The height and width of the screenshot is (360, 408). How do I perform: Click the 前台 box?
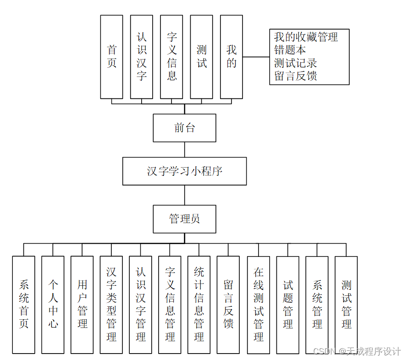point(184,128)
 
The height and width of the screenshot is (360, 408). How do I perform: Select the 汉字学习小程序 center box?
point(184,171)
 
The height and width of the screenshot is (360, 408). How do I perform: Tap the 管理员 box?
point(184,218)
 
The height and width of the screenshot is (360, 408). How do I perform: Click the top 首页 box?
point(111,57)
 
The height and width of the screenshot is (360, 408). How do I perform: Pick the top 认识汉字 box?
point(141,57)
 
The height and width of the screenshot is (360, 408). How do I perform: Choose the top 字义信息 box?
point(171,57)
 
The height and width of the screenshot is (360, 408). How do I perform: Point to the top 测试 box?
point(201,57)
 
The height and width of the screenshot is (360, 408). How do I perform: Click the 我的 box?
point(232,57)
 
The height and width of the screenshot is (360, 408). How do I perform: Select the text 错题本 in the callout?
point(290,49)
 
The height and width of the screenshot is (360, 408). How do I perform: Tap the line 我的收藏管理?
point(306,37)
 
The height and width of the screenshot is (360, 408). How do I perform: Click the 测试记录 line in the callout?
point(296,63)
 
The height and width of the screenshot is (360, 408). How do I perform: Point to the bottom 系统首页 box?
point(23,305)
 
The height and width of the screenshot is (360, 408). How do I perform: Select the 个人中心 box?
point(53,305)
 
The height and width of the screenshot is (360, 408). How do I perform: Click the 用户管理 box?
point(82,305)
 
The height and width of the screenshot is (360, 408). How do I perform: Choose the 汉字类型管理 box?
point(111,305)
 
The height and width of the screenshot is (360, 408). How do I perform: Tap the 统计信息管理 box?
point(199,305)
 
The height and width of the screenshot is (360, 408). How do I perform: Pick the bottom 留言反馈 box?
point(228,305)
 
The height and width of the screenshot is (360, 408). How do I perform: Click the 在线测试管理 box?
point(259,305)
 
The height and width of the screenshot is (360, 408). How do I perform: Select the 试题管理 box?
point(288,305)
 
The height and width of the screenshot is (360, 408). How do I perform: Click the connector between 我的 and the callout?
point(256,57)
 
